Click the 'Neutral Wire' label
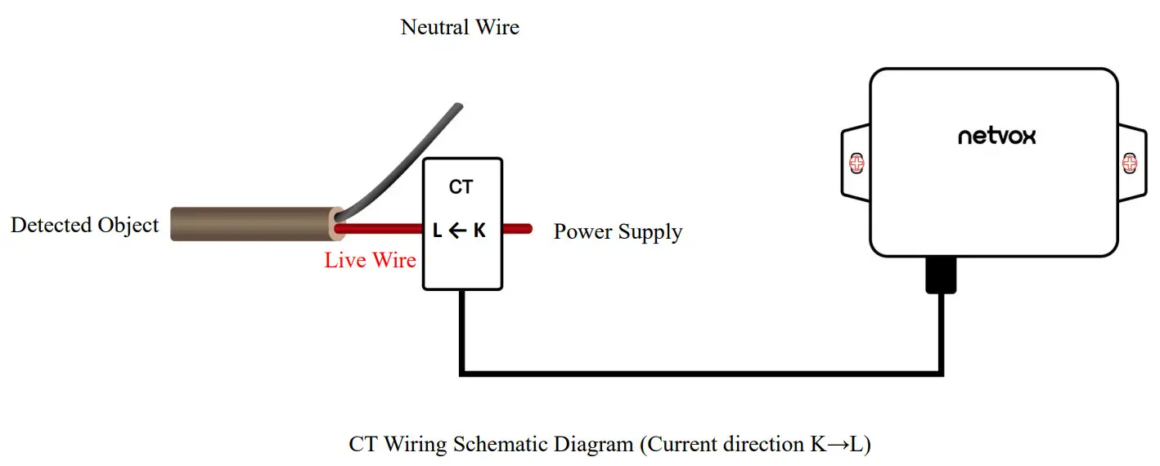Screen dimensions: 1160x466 pyautogui.click(x=460, y=28)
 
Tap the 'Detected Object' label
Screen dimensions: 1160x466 pyautogui.click(x=84, y=226)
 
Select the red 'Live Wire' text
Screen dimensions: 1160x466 pyautogui.click(x=371, y=260)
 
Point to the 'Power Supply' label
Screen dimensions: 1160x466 pyautogui.click(x=618, y=232)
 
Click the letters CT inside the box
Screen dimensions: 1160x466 pyautogui.click(x=461, y=187)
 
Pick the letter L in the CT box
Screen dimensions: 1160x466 pyautogui.click(x=437, y=231)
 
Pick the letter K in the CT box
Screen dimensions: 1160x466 pyautogui.click(x=479, y=231)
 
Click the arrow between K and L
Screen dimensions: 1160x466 pyautogui.click(x=458, y=231)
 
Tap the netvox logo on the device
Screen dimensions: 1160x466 pyautogui.click(x=997, y=137)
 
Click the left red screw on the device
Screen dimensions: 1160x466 pyautogui.click(x=857, y=164)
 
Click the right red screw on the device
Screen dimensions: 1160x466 pyautogui.click(x=1130, y=164)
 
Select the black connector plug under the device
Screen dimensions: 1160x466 pyautogui.click(x=941, y=275)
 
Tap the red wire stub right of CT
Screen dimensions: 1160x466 pyautogui.click(x=517, y=229)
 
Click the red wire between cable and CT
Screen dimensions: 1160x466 pyautogui.click(x=379, y=229)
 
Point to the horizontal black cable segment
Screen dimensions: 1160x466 pyautogui.click(x=701, y=374)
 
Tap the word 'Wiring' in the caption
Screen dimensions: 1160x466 pyautogui.click(x=415, y=445)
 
